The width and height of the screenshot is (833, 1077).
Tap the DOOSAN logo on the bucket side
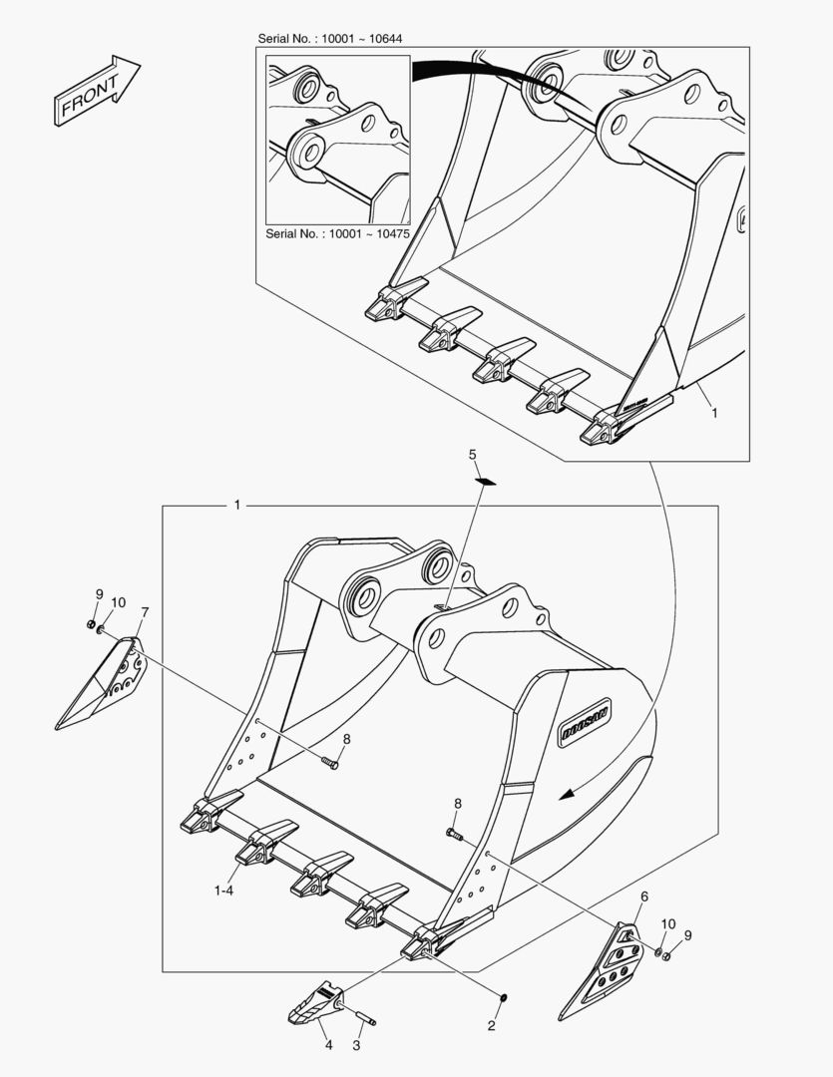[x=585, y=723]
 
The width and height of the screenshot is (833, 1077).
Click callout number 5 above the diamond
[x=472, y=454]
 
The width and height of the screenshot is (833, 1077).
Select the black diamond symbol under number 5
[x=486, y=482]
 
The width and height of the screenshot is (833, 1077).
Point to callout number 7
[x=145, y=611]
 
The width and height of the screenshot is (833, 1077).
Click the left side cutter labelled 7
[x=102, y=683]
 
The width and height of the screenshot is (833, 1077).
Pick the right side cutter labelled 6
[x=602, y=970]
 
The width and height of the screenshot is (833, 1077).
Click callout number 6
[x=644, y=897]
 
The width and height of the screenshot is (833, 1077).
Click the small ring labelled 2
[x=503, y=997]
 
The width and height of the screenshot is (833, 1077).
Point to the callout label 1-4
[x=224, y=891]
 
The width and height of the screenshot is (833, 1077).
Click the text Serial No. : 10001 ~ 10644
[x=330, y=39]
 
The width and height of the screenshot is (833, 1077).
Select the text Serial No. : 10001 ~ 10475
[x=337, y=233]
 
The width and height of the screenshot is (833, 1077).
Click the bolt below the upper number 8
[x=330, y=761]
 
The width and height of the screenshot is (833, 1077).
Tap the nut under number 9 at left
[x=91, y=623]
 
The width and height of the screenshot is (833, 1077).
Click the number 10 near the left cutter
[x=118, y=602]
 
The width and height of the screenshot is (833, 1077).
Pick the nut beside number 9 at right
[x=666, y=955]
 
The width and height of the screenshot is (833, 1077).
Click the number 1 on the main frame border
[x=237, y=506]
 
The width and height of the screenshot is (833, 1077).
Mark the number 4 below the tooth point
[x=328, y=1045]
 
